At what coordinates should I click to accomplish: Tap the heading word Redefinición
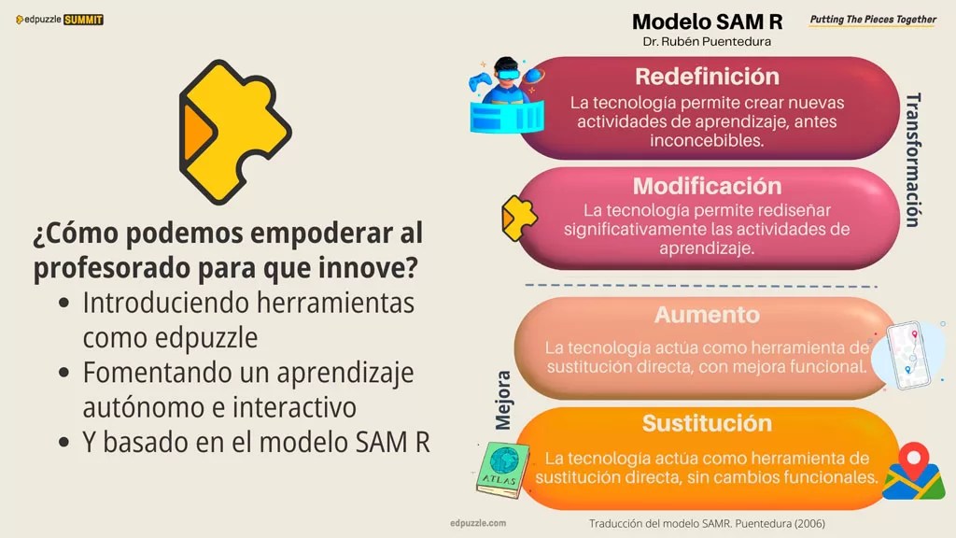tap(707, 76)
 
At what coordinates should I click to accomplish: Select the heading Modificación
tap(707, 185)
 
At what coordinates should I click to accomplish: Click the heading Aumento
tap(707, 315)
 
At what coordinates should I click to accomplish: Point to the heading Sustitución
tap(707, 423)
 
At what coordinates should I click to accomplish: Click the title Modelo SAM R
tap(707, 21)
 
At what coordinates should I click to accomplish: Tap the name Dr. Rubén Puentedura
tap(707, 42)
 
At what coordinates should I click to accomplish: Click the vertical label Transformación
tap(913, 159)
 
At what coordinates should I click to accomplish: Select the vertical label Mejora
tap(504, 400)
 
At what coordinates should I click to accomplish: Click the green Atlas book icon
tap(502, 469)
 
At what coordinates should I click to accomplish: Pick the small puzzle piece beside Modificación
tap(519, 217)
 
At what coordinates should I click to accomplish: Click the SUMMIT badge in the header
tap(84, 20)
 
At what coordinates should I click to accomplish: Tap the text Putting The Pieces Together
tap(873, 20)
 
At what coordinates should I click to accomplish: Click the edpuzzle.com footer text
tap(478, 524)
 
